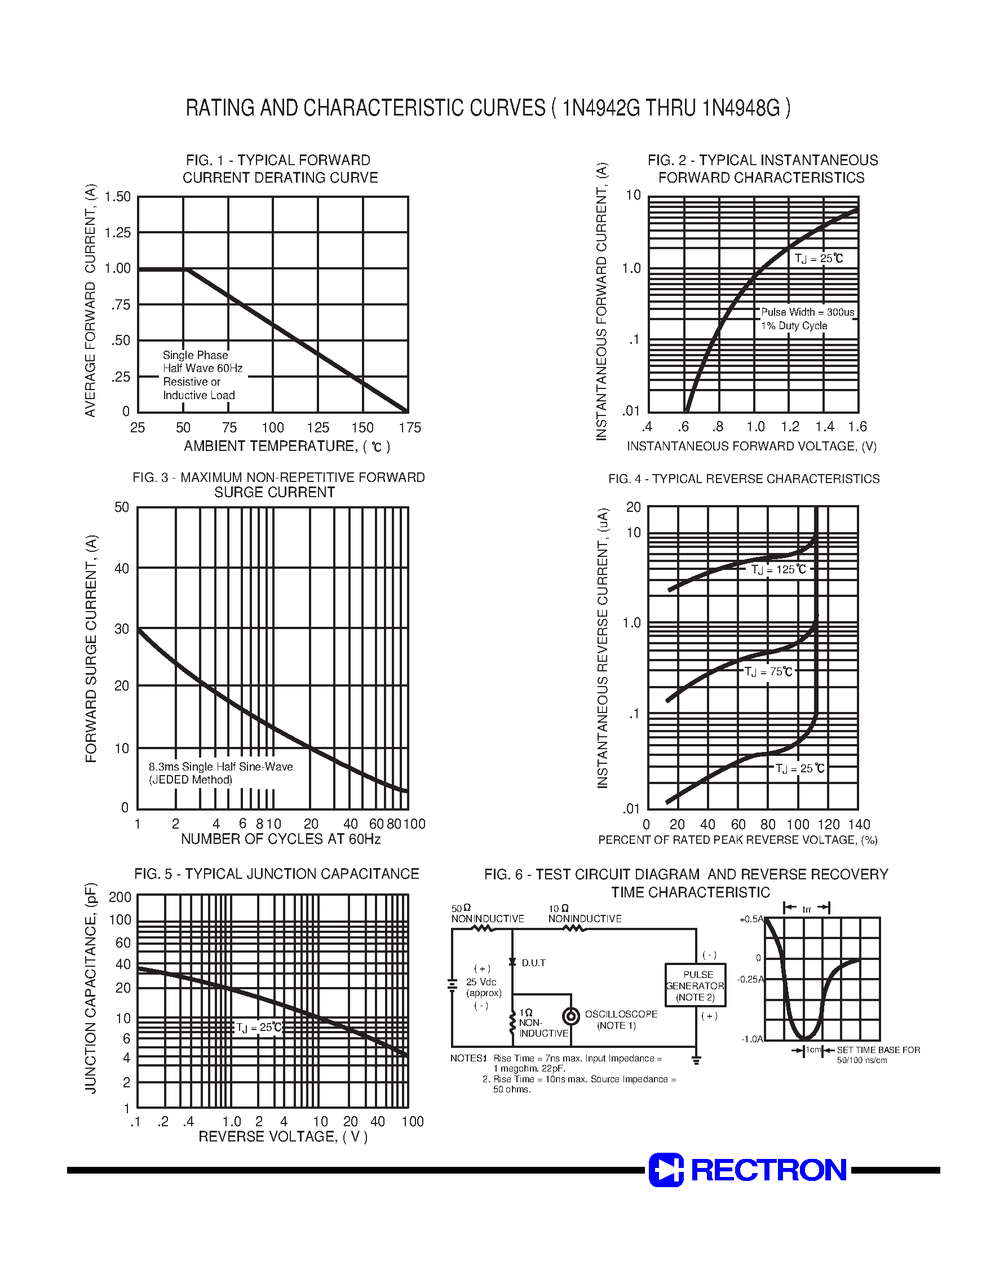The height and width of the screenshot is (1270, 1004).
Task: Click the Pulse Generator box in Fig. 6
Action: point(695,985)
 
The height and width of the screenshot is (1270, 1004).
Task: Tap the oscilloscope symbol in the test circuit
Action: point(571,1016)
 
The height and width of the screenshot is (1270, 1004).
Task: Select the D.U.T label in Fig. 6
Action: point(533,963)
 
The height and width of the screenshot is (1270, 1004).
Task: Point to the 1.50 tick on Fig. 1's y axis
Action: point(118,196)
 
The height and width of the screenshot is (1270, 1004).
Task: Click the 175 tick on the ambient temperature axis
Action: point(410,428)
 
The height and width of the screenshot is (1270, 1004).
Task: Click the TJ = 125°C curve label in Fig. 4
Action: point(779,569)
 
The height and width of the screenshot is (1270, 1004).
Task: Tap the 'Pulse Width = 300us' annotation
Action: point(807,312)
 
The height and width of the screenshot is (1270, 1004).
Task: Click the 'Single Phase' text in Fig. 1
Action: point(195,355)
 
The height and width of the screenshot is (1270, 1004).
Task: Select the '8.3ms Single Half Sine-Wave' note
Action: point(220,767)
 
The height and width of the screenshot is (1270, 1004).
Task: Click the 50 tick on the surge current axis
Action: point(122,507)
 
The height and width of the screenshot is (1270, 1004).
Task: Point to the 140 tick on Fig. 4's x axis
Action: point(859,825)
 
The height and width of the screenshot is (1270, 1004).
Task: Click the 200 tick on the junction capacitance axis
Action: point(120,897)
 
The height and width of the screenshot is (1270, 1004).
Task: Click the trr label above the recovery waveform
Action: point(807,909)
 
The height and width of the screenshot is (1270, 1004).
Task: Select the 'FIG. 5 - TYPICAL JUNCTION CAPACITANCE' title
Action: point(276,874)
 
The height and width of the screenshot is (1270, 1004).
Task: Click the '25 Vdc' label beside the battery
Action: point(481,981)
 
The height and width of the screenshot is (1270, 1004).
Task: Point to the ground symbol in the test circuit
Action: point(697,1060)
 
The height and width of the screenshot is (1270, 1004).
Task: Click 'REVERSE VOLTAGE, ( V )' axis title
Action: point(283,1136)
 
